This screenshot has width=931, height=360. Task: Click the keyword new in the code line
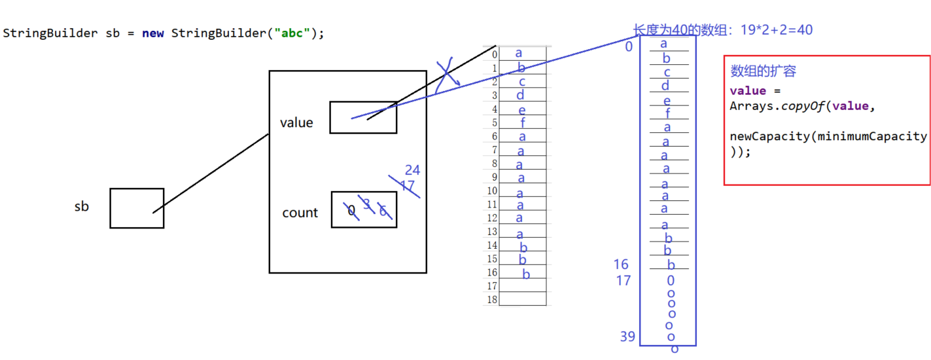(153, 33)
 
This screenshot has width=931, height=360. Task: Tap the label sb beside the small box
(81, 207)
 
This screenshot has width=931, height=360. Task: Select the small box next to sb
(137, 208)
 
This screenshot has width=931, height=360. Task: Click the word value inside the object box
(296, 123)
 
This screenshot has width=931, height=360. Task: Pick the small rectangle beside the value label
(363, 118)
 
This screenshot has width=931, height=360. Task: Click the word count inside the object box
(300, 213)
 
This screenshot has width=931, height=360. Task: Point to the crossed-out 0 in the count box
(351, 211)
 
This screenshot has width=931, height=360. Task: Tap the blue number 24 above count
(412, 171)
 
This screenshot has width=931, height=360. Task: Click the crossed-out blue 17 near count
(407, 187)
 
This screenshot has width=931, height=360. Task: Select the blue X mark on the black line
(446, 76)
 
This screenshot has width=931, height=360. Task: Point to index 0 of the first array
(494, 54)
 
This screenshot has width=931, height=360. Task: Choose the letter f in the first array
(523, 122)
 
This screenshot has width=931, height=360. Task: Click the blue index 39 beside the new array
(627, 336)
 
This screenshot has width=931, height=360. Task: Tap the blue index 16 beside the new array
(621, 264)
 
